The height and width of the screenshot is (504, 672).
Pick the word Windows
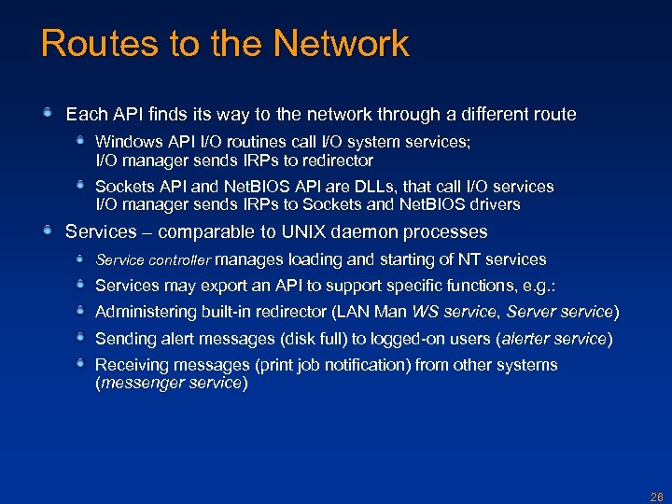coord(127,142)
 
